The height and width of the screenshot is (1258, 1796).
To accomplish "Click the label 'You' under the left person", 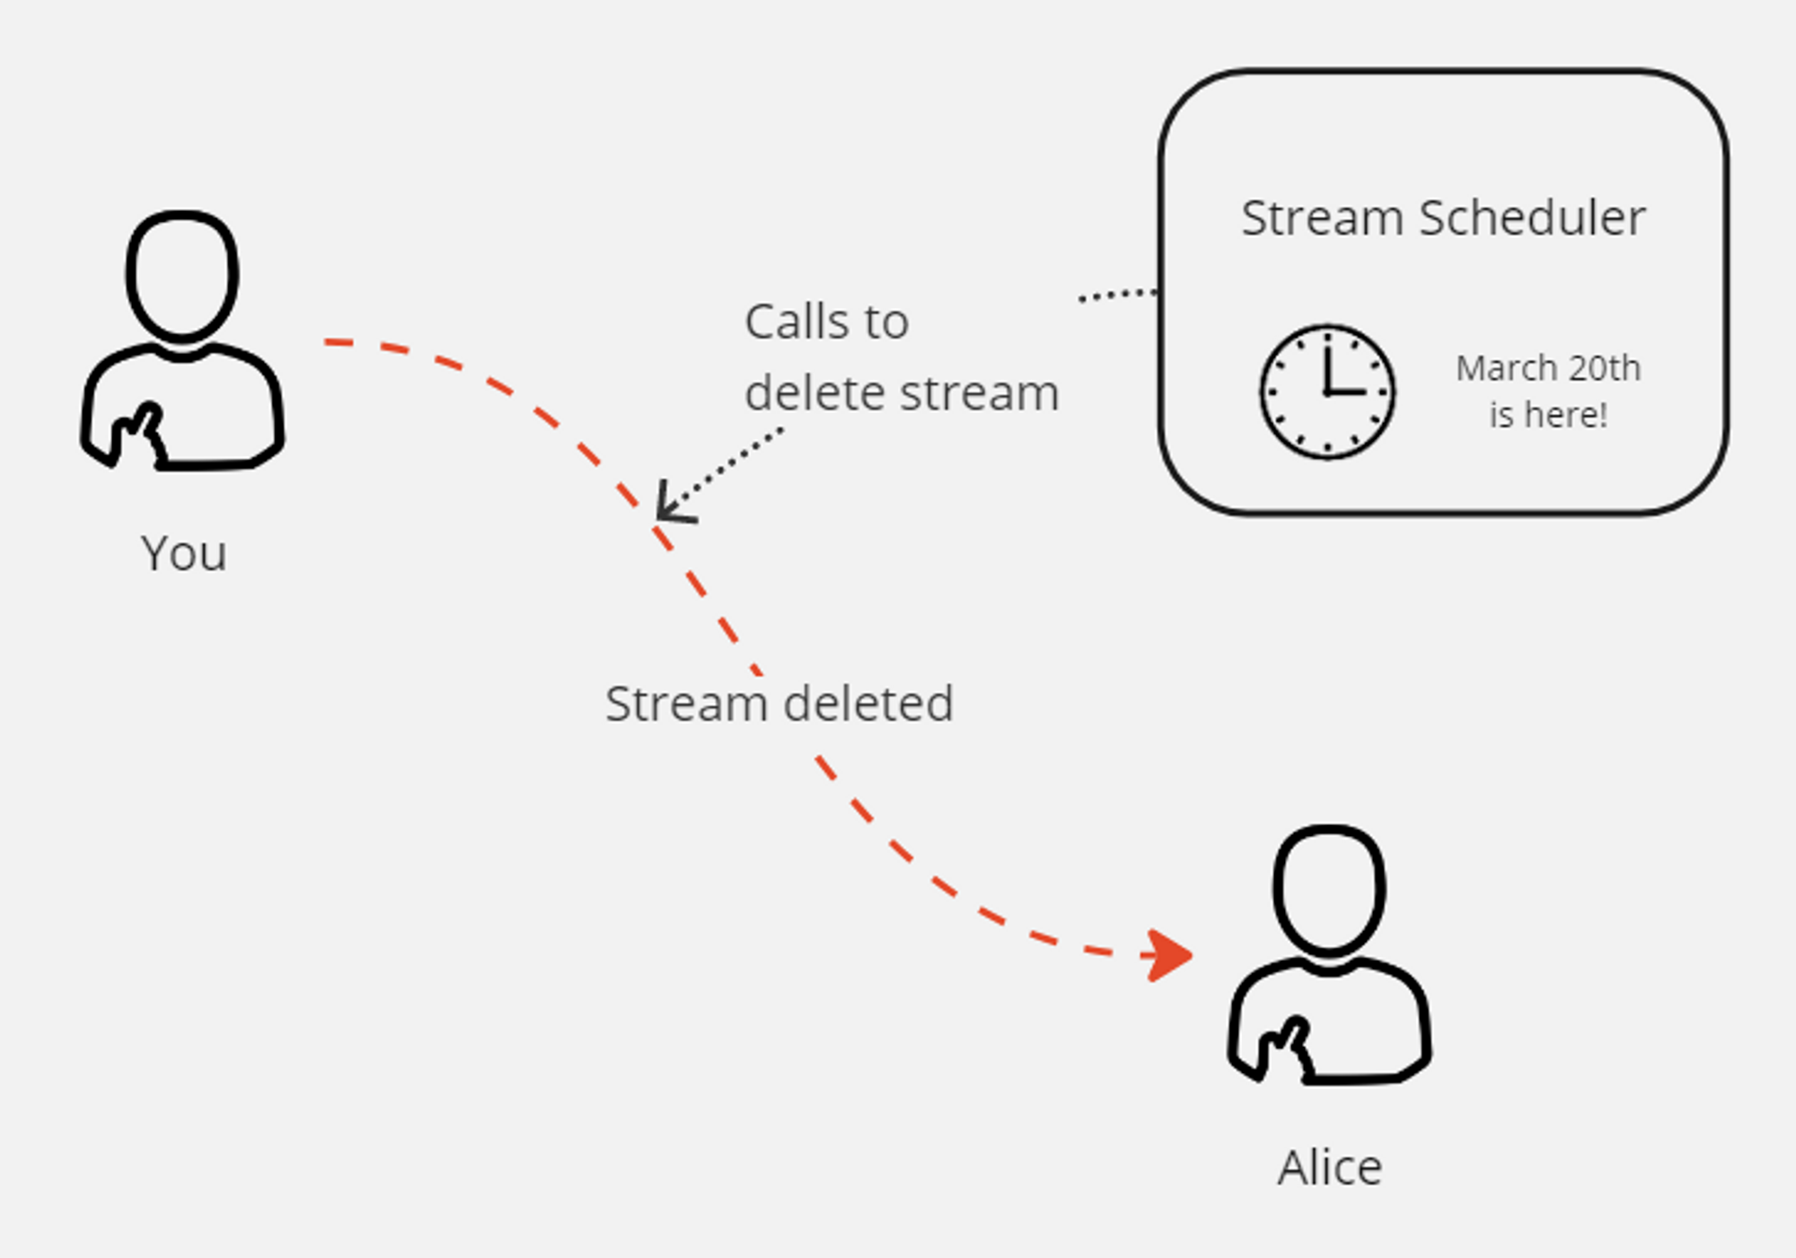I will (183, 553).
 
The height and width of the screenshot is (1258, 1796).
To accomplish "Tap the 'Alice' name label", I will (1330, 1168).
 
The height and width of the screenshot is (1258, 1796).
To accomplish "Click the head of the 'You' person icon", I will (182, 276).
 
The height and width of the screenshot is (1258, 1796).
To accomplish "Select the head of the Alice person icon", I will (1329, 889).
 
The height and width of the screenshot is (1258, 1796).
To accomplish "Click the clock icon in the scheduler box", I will (1327, 392).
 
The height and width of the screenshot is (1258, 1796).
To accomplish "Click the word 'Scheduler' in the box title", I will (1532, 218).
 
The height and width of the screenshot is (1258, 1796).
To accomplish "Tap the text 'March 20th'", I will (1548, 368).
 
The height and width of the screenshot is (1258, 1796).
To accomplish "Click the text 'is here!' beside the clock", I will (1548, 415).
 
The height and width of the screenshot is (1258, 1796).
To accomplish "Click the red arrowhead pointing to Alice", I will (1169, 955).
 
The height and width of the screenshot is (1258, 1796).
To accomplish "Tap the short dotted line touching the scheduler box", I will (1117, 295).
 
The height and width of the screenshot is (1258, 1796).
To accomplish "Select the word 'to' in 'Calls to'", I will (886, 321).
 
